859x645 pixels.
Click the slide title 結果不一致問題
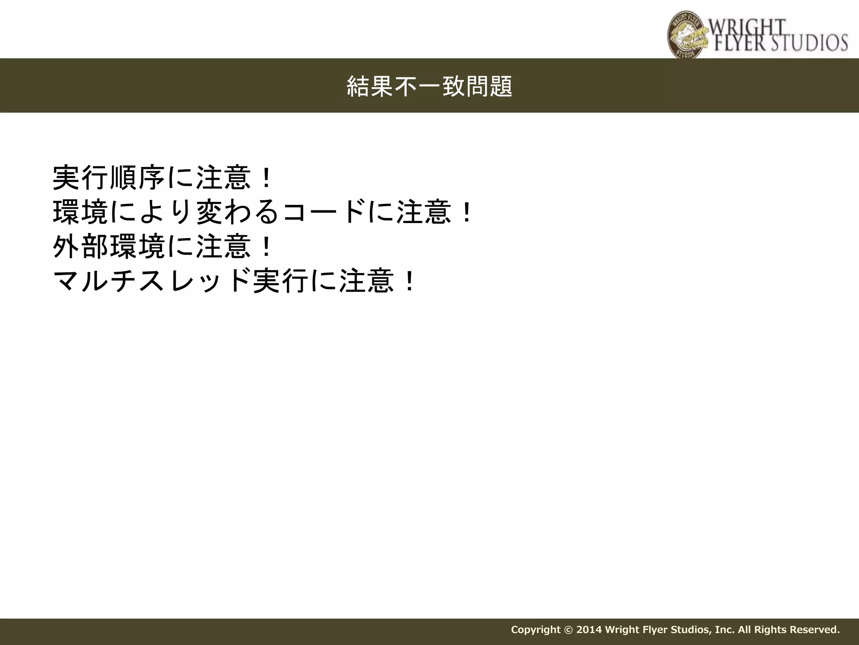point(429,86)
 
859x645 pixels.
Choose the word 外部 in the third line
point(81,246)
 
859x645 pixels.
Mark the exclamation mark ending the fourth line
point(409,281)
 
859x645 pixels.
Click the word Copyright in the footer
point(535,629)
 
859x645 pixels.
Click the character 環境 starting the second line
point(81,212)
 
